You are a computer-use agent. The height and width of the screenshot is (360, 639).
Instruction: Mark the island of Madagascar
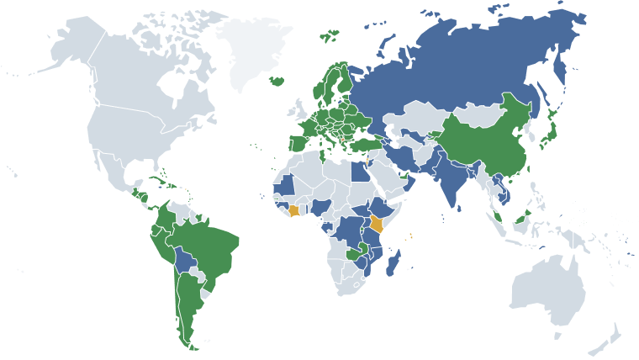point(392,267)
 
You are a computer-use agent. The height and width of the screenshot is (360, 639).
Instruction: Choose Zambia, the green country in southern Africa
point(354,253)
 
